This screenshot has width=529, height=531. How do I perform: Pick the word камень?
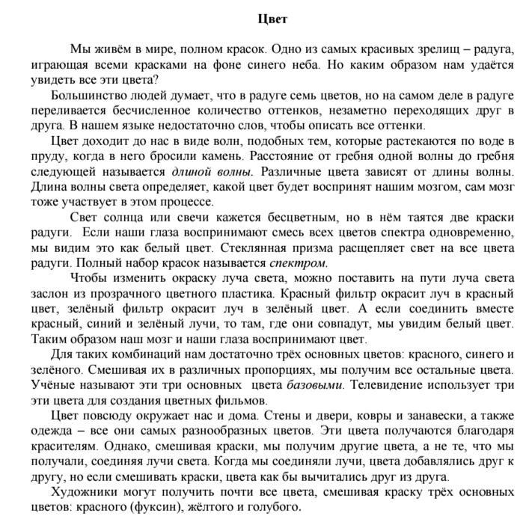[x=222, y=157]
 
